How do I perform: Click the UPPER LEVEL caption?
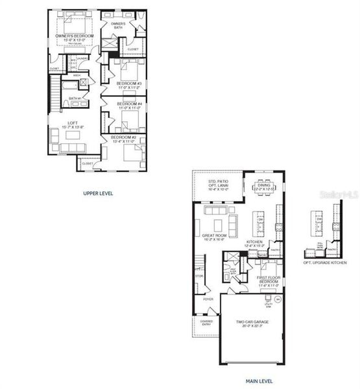tap(99, 193)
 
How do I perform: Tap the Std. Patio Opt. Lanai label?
tap(217, 184)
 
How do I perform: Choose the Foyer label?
tap(208, 299)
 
